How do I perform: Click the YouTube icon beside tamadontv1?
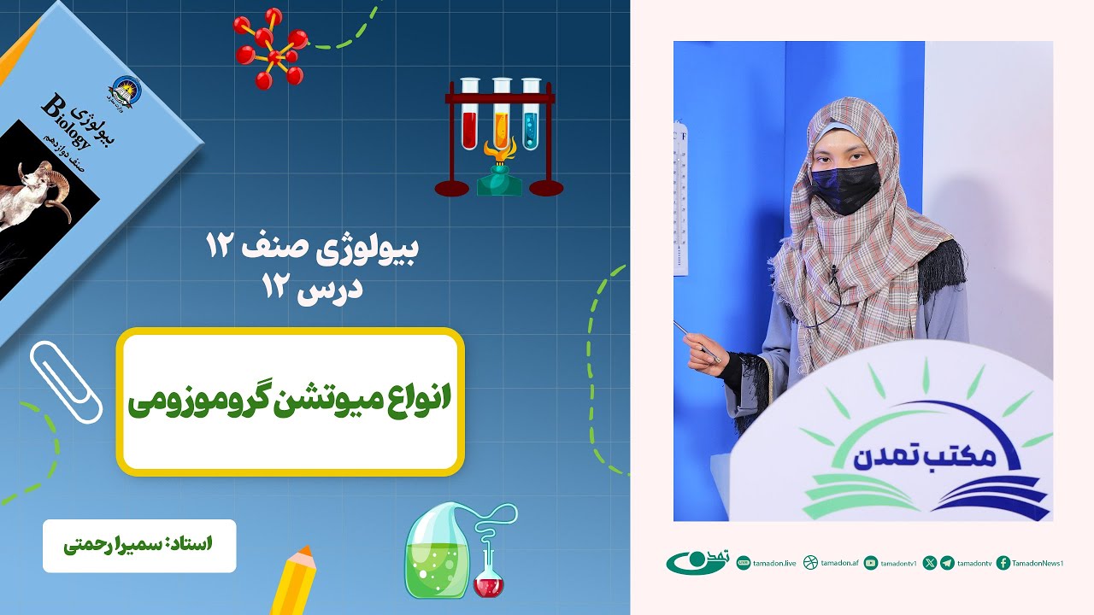click(871, 562)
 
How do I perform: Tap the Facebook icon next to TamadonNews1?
click(1003, 562)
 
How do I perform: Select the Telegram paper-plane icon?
click(947, 562)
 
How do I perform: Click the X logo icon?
click(930, 562)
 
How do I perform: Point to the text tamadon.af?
click(839, 563)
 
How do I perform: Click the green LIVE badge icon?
click(744, 562)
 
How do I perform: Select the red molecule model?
click(271, 49)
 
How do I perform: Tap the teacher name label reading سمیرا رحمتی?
click(139, 545)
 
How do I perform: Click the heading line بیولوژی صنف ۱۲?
click(313, 249)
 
